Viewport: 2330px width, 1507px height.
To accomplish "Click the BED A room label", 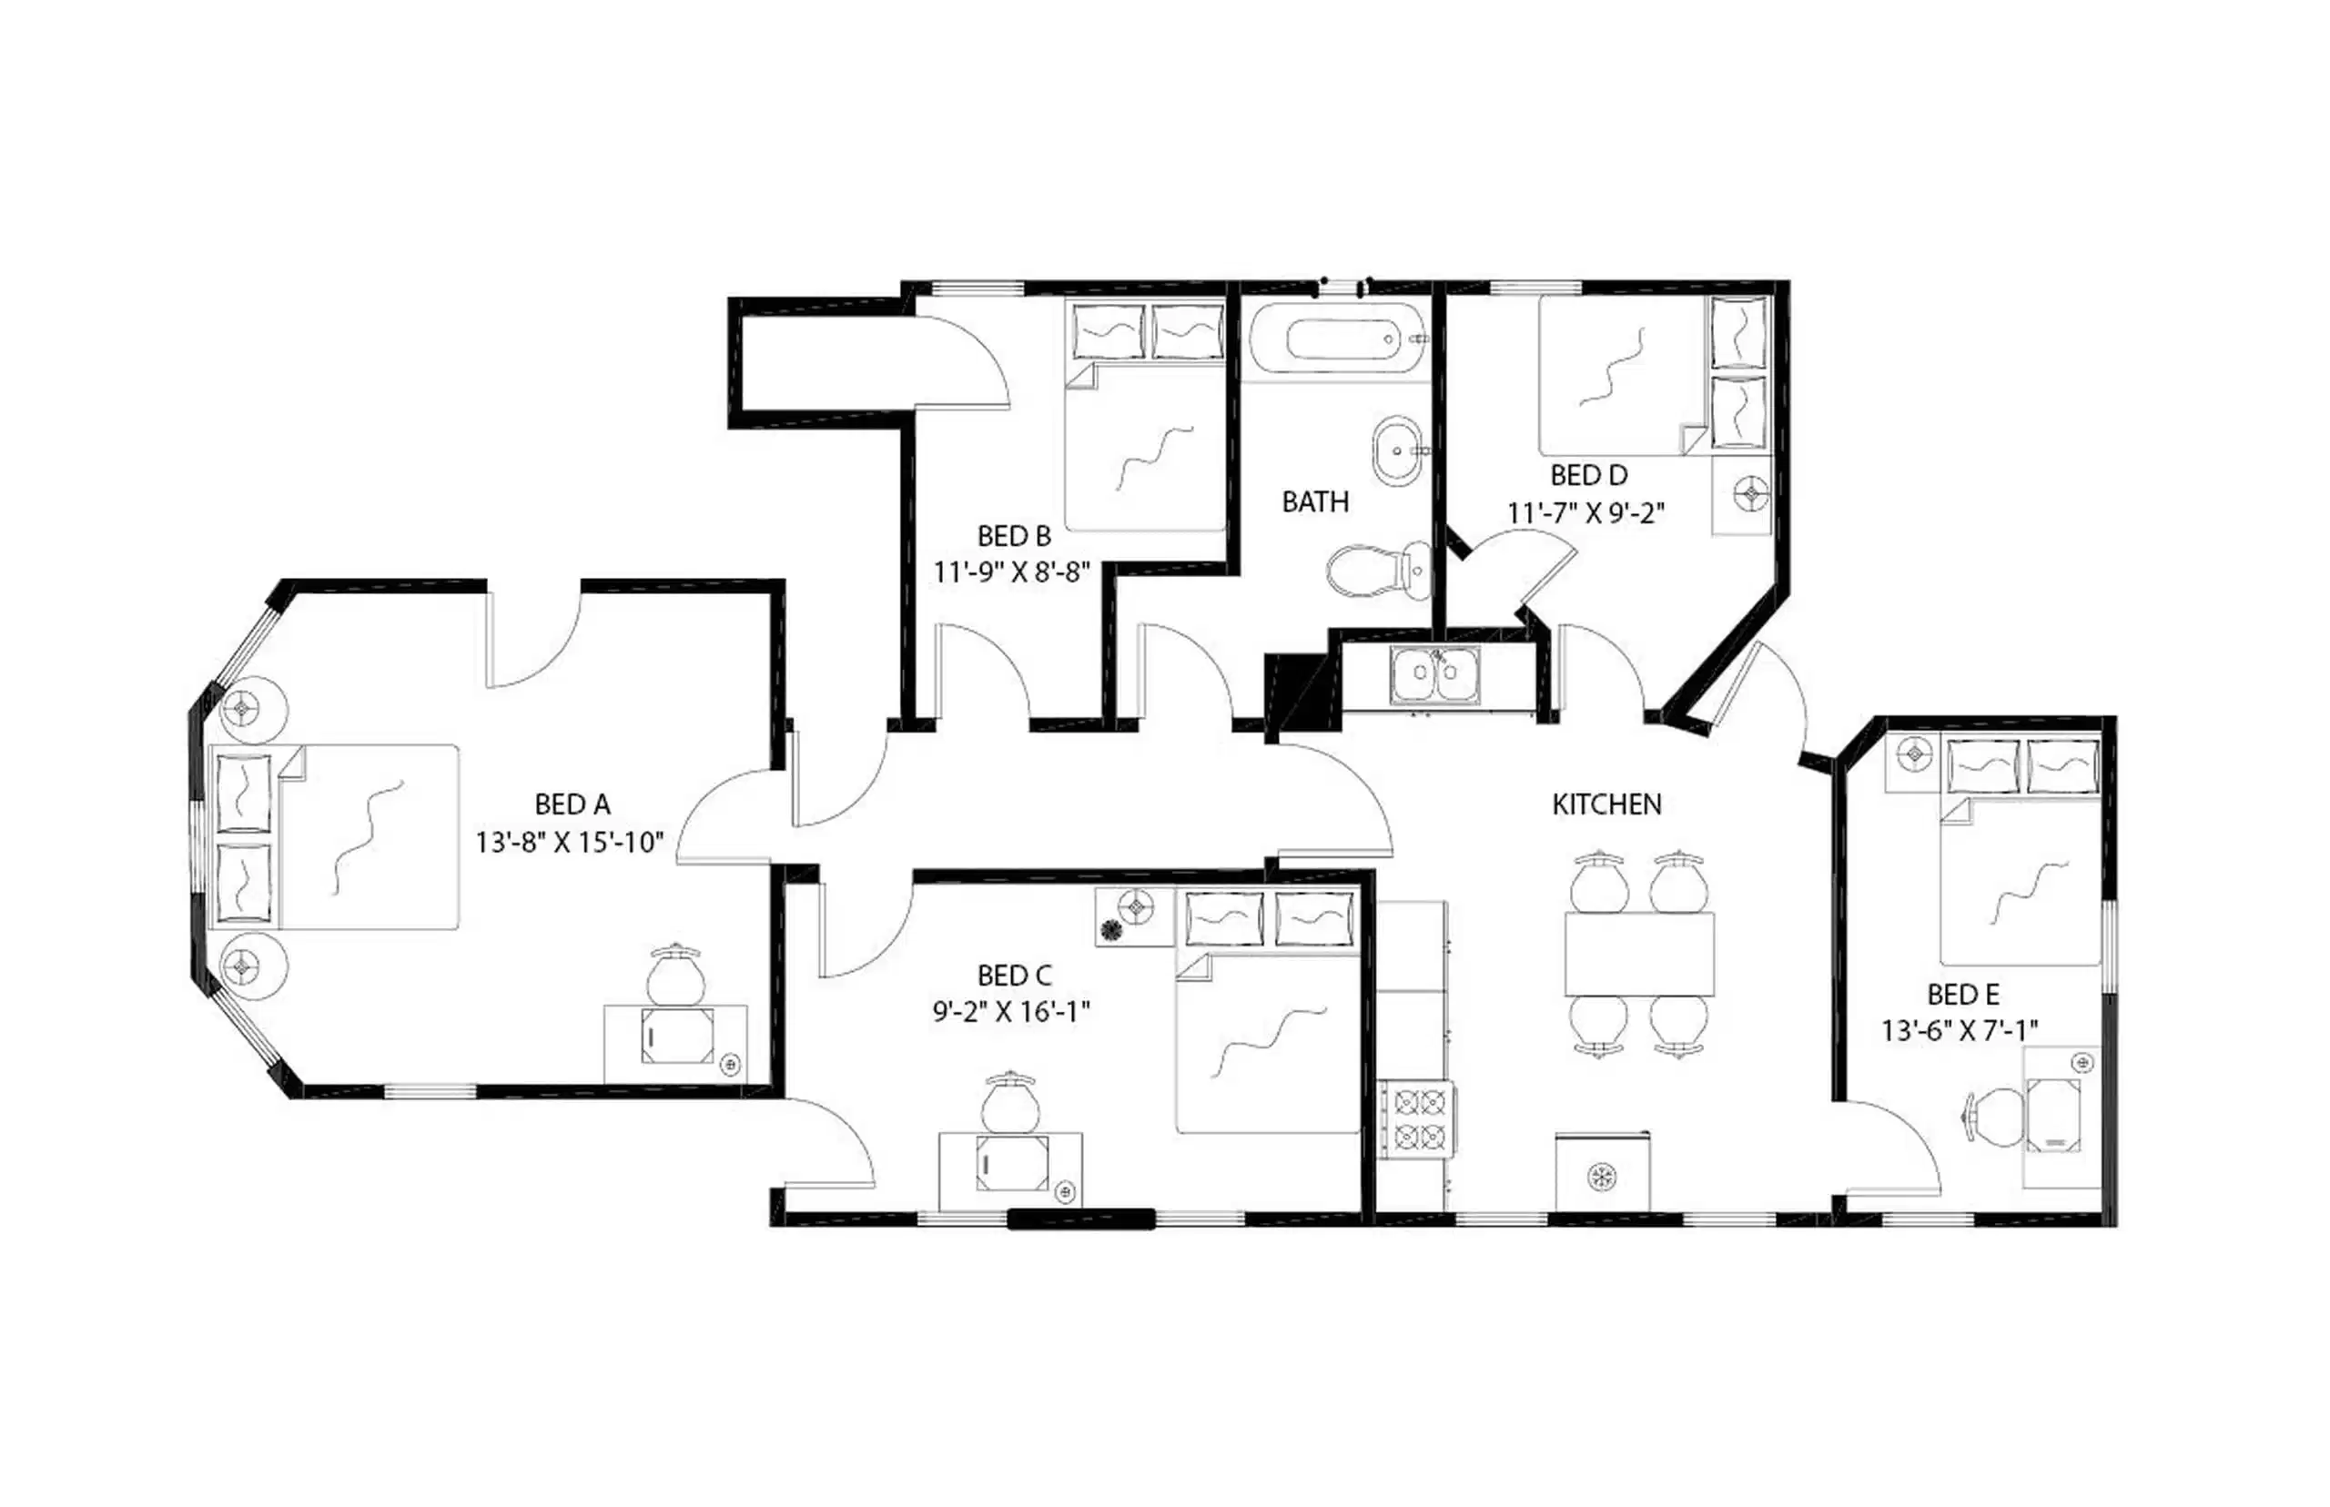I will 572,804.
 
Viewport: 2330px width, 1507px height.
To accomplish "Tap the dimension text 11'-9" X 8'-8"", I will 1011,572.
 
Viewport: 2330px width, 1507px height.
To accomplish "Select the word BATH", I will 1315,502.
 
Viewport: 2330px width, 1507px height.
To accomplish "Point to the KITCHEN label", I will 1606,804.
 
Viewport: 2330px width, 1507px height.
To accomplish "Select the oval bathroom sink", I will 1397,451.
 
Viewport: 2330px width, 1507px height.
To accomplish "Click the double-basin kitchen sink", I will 1434,675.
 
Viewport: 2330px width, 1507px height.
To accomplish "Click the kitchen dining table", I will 1639,954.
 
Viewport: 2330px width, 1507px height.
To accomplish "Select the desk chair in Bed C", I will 1010,1104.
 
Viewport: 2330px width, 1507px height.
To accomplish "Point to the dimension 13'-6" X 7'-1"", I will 1960,1030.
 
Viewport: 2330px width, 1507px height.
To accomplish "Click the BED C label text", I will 1014,976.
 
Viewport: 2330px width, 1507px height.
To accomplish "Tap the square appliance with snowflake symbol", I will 1602,1175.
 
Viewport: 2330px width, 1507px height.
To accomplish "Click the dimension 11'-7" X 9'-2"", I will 1585,512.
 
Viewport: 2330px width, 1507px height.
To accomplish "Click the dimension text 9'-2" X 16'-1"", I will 1011,1012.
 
